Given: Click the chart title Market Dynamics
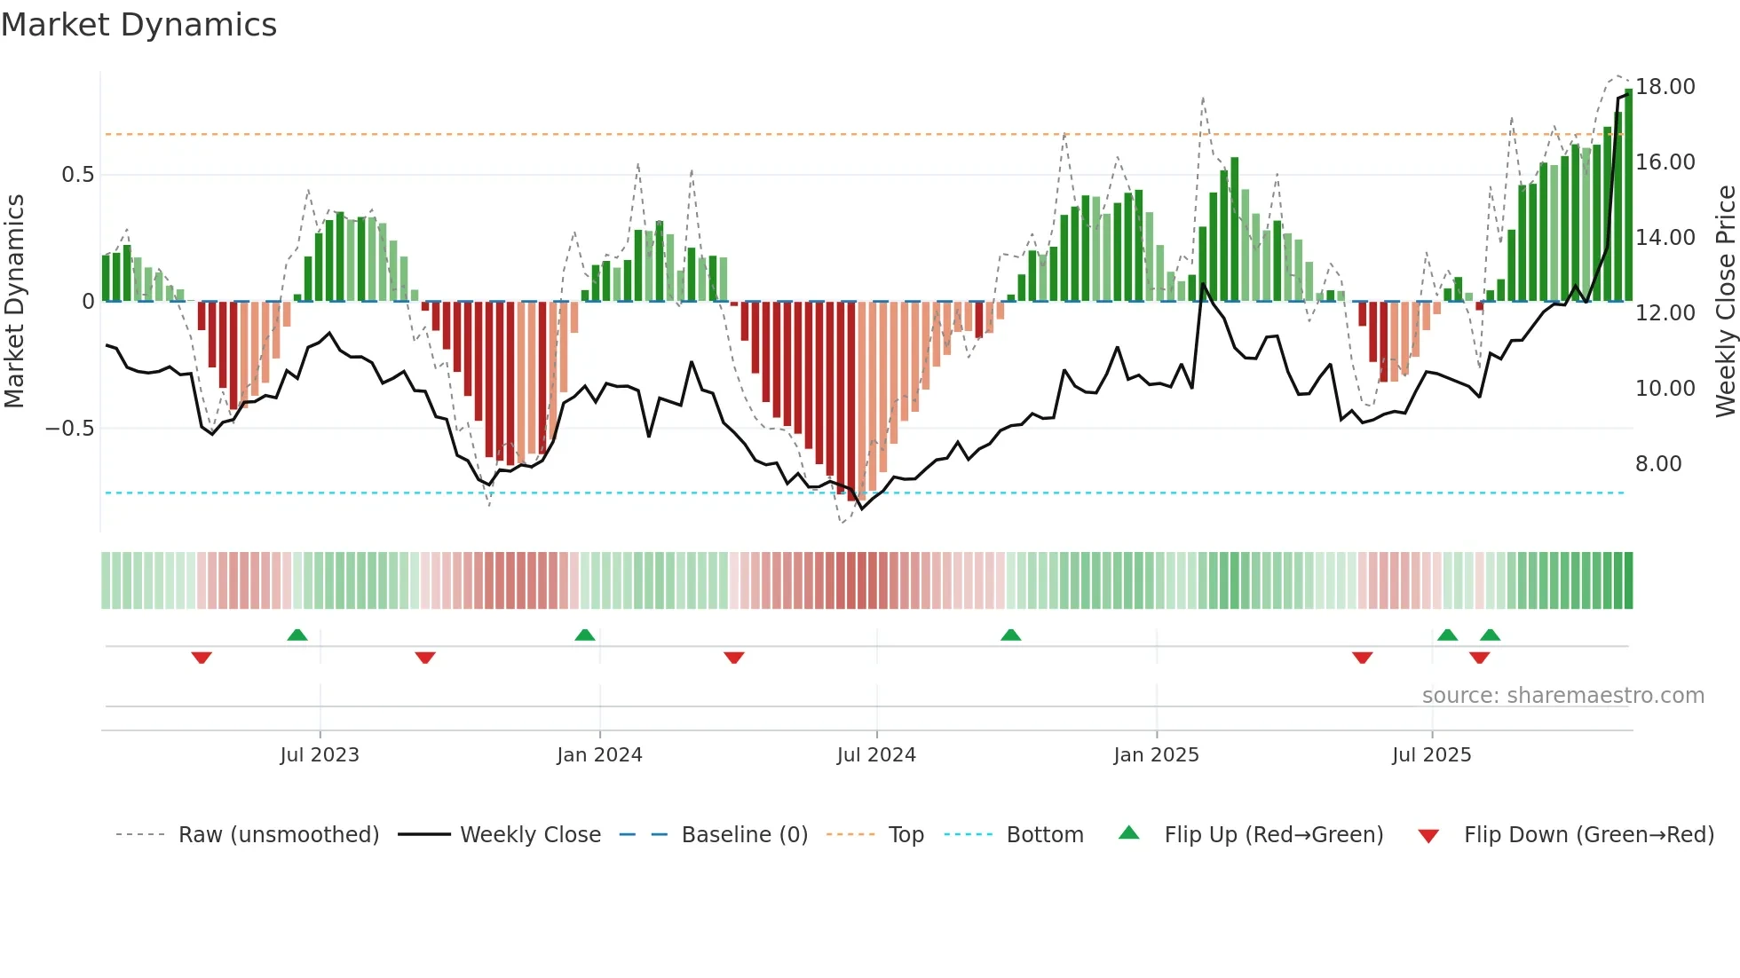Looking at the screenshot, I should click(138, 25).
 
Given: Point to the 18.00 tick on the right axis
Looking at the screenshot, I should click(1665, 87).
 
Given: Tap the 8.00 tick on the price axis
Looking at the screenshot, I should click(1657, 464).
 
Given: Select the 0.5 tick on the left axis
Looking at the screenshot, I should click(77, 175).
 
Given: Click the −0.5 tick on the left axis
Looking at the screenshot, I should click(69, 429).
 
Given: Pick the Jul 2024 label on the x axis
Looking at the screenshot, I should click(875, 755).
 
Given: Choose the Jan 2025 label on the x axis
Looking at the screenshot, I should click(1156, 755).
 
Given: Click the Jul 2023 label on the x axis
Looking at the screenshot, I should click(320, 755).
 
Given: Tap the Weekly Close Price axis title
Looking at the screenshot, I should click(1725, 302).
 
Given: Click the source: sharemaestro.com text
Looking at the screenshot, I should click(1562, 696).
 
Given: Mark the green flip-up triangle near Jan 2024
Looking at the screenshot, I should click(584, 635).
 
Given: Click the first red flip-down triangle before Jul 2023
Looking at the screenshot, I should click(202, 658).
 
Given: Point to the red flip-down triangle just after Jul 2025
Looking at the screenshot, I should click(1479, 658).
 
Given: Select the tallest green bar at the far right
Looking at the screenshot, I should click(1628, 195).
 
